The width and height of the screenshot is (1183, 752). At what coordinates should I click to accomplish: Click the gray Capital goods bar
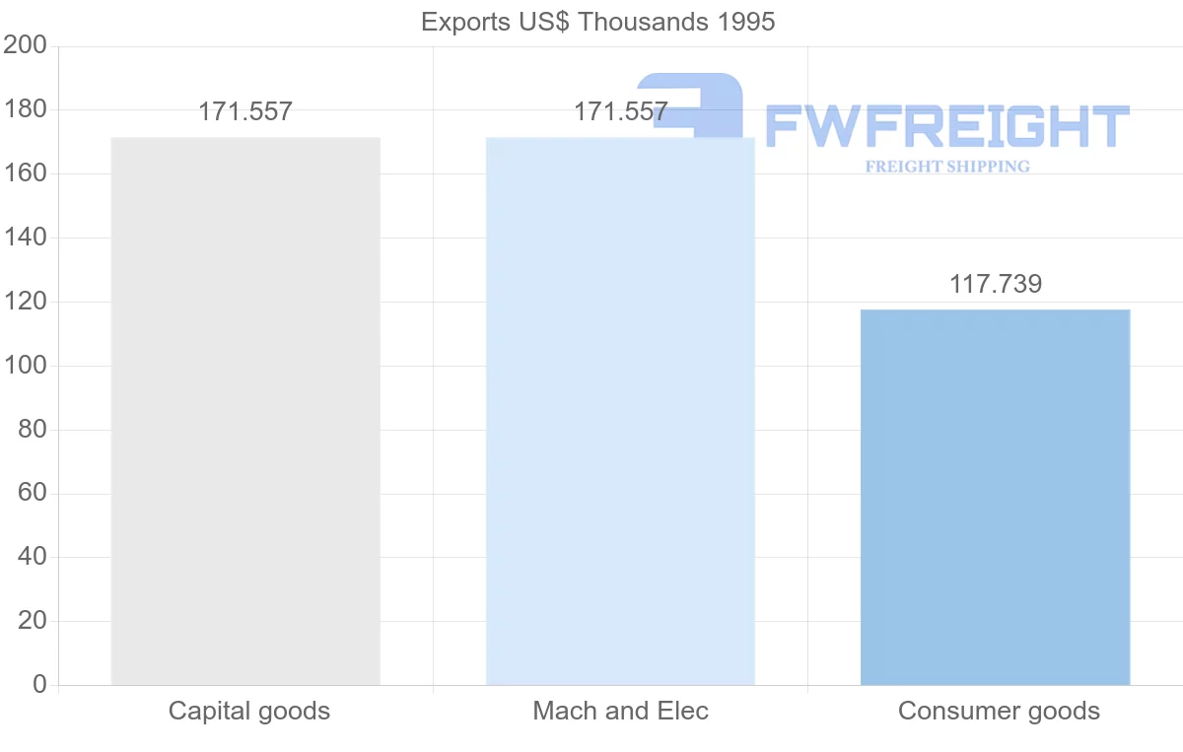point(245,411)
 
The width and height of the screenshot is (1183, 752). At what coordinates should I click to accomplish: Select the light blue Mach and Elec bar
point(620,411)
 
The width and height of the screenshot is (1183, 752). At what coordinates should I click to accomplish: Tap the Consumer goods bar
point(995,497)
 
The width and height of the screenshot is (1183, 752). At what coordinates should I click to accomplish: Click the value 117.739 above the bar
point(995,285)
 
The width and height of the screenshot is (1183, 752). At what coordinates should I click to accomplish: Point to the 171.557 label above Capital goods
point(245,111)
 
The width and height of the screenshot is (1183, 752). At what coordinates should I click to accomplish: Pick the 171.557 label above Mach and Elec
point(620,111)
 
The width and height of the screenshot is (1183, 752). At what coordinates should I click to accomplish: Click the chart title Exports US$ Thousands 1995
point(598,22)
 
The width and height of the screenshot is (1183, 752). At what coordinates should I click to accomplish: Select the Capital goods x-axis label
point(249,711)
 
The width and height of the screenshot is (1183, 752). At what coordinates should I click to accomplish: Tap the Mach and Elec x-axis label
point(620,711)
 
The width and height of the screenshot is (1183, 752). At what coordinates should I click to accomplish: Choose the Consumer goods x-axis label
point(999,711)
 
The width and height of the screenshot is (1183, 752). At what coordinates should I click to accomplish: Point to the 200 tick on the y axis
point(25,45)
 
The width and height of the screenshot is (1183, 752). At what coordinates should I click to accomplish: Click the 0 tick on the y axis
point(39,684)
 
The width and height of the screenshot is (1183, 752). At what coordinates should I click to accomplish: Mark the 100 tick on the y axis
point(25,366)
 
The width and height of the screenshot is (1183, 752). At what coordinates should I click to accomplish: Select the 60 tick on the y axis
point(32,493)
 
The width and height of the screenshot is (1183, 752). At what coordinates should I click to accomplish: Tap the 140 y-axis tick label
point(25,238)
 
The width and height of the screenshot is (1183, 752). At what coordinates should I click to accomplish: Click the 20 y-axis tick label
point(32,621)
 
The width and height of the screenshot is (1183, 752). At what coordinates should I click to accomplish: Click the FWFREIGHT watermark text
point(946,127)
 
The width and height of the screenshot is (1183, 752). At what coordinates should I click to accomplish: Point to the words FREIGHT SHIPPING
point(947,167)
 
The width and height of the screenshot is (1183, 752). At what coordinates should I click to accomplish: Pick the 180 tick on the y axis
point(25,109)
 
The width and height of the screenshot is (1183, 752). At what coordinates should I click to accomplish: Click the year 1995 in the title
point(744,22)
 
